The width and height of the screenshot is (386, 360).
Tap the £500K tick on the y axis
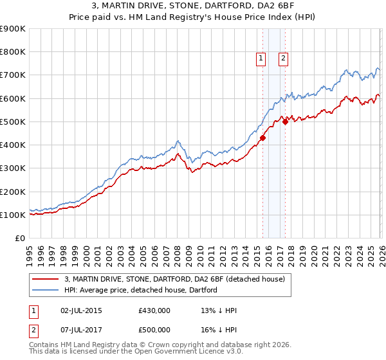[x=12, y=122]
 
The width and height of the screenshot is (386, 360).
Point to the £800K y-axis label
[x=12, y=52]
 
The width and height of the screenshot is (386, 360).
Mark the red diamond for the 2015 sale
[x=262, y=138]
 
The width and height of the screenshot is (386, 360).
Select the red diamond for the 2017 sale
[x=285, y=122]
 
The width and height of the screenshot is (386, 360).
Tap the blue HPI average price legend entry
[x=141, y=290]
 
